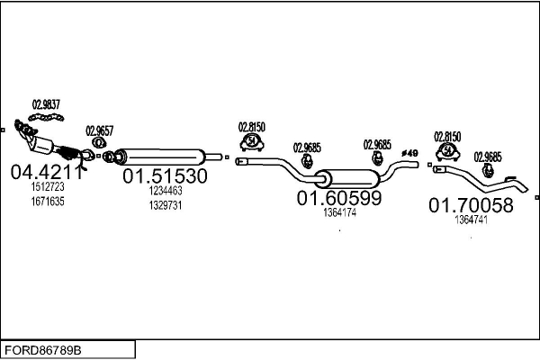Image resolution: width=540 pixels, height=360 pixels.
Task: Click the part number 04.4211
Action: (x=46, y=171)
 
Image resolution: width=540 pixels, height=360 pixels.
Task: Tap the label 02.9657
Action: (x=99, y=130)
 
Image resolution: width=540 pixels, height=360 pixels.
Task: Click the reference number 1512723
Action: (x=48, y=187)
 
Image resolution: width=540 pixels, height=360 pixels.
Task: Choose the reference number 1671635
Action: (x=48, y=201)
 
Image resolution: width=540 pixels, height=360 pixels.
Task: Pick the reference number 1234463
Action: (x=166, y=191)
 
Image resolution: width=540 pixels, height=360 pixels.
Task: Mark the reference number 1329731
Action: (x=166, y=204)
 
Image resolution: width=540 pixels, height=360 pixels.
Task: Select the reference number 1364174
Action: (x=339, y=213)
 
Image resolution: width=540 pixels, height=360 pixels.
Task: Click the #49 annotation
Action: (x=409, y=154)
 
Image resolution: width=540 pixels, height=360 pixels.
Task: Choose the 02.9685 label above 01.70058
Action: (x=489, y=156)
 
